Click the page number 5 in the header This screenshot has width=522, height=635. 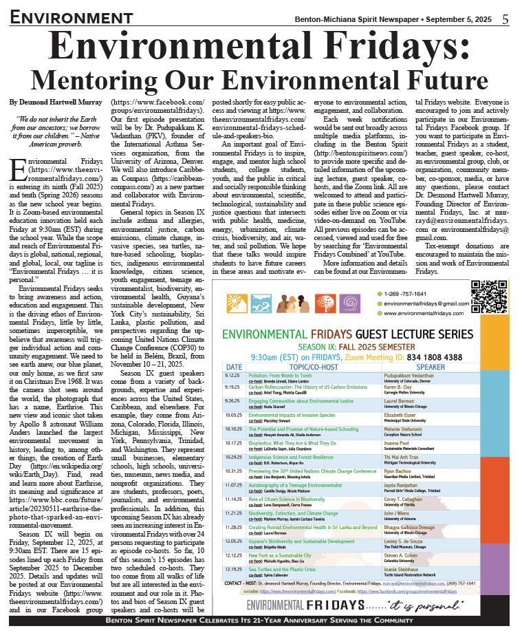pyautogui.click(x=505, y=19)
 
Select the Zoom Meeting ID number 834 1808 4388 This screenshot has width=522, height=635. pyautogui.click(x=427, y=357)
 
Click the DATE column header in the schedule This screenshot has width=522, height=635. pyautogui.click(x=234, y=367)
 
